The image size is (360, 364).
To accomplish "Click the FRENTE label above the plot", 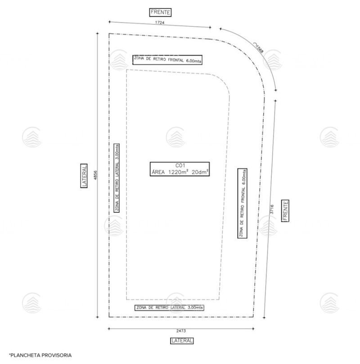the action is pos(160,12).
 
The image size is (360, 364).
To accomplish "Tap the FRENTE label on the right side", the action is pos(285,210).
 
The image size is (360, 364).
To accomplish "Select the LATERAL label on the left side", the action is pos(84,176).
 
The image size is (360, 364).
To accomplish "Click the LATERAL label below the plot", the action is pos(182,341).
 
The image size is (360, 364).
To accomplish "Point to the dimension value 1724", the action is pos(160,23).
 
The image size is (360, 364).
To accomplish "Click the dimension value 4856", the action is pos(95,175).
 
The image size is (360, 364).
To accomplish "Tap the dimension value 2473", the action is pos(181,331).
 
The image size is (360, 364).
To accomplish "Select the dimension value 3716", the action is pos(272,209).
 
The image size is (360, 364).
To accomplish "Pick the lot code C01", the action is pos(180,165).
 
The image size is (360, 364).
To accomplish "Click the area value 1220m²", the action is pos(170,172).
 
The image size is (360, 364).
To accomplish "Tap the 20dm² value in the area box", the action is pos(200,172).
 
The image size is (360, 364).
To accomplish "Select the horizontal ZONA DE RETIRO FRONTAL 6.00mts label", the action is pos(167,59).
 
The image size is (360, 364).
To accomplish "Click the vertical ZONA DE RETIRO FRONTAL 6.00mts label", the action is pos(243,203).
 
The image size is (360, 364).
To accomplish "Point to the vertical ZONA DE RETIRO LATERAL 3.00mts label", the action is pos(117,178).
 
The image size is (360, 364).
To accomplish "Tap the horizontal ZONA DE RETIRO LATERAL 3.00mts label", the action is pos(169,308).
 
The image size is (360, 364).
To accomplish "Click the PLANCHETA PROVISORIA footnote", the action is pos(40,355).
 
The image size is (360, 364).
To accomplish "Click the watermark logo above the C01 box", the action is pos(175,137).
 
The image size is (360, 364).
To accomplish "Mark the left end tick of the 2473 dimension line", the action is pos(109,328).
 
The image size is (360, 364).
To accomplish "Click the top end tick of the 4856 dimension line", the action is pos(97,33).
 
